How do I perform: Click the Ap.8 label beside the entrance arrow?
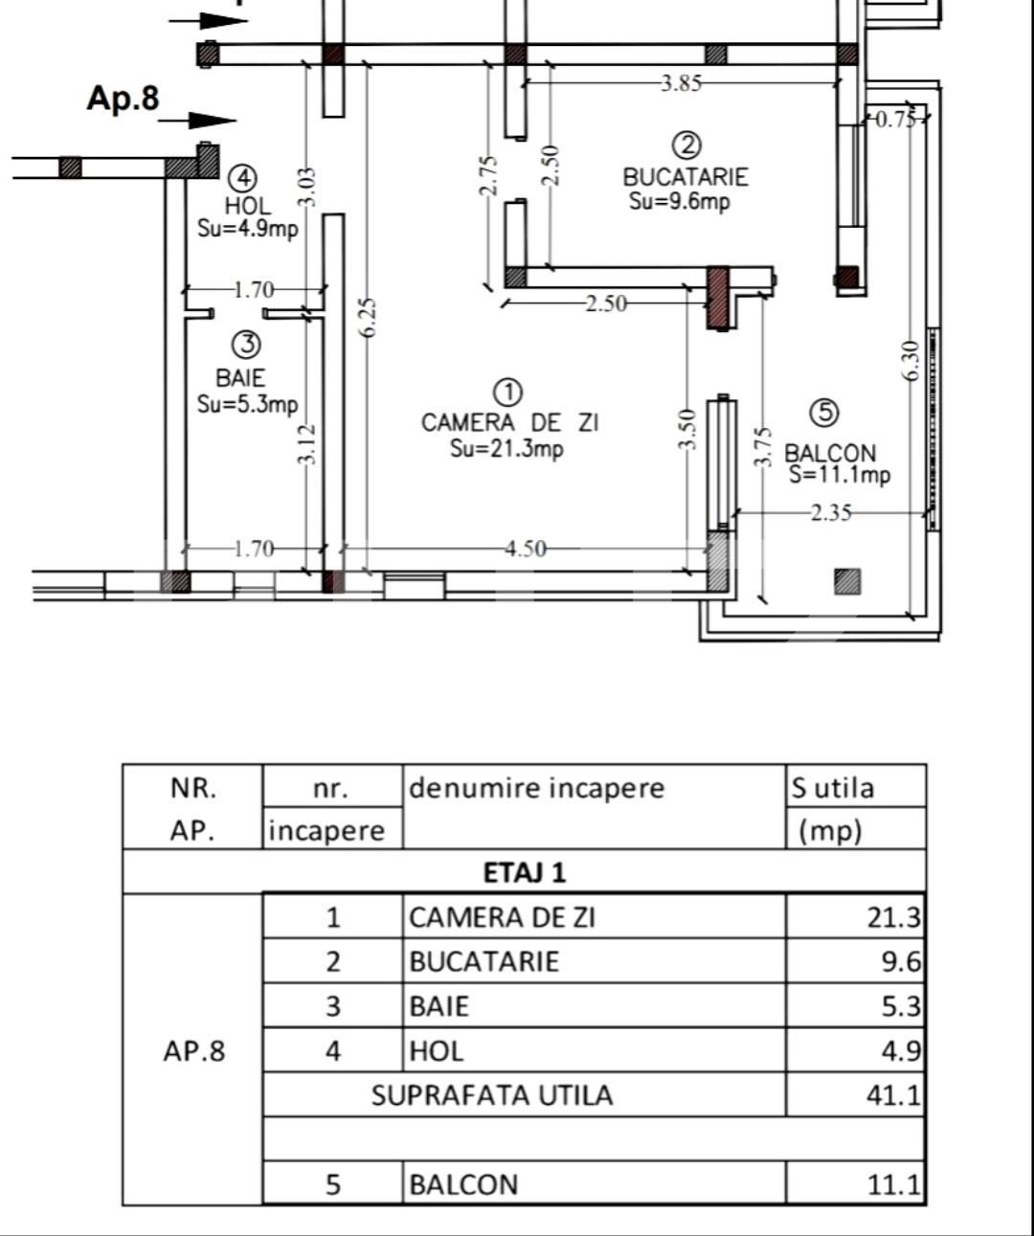(123, 99)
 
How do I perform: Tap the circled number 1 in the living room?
(508, 393)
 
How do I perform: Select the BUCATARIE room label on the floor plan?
(685, 177)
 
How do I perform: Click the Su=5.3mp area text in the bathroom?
(247, 404)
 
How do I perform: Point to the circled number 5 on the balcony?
(823, 413)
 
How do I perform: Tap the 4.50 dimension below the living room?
(526, 549)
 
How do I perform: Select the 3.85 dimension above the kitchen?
(681, 83)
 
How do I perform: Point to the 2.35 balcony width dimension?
(830, 513)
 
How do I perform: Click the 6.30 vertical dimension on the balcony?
(911, 360)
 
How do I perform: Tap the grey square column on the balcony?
(846, 581)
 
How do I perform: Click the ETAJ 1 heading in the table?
(524, 872)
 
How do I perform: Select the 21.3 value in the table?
(892, 917)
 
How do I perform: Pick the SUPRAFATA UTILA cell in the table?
(491, 1095)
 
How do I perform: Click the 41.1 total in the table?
(892, 1095)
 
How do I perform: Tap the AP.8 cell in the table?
(193, 1051)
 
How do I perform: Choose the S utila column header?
(832, 788)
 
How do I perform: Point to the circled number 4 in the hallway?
(244, 178)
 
